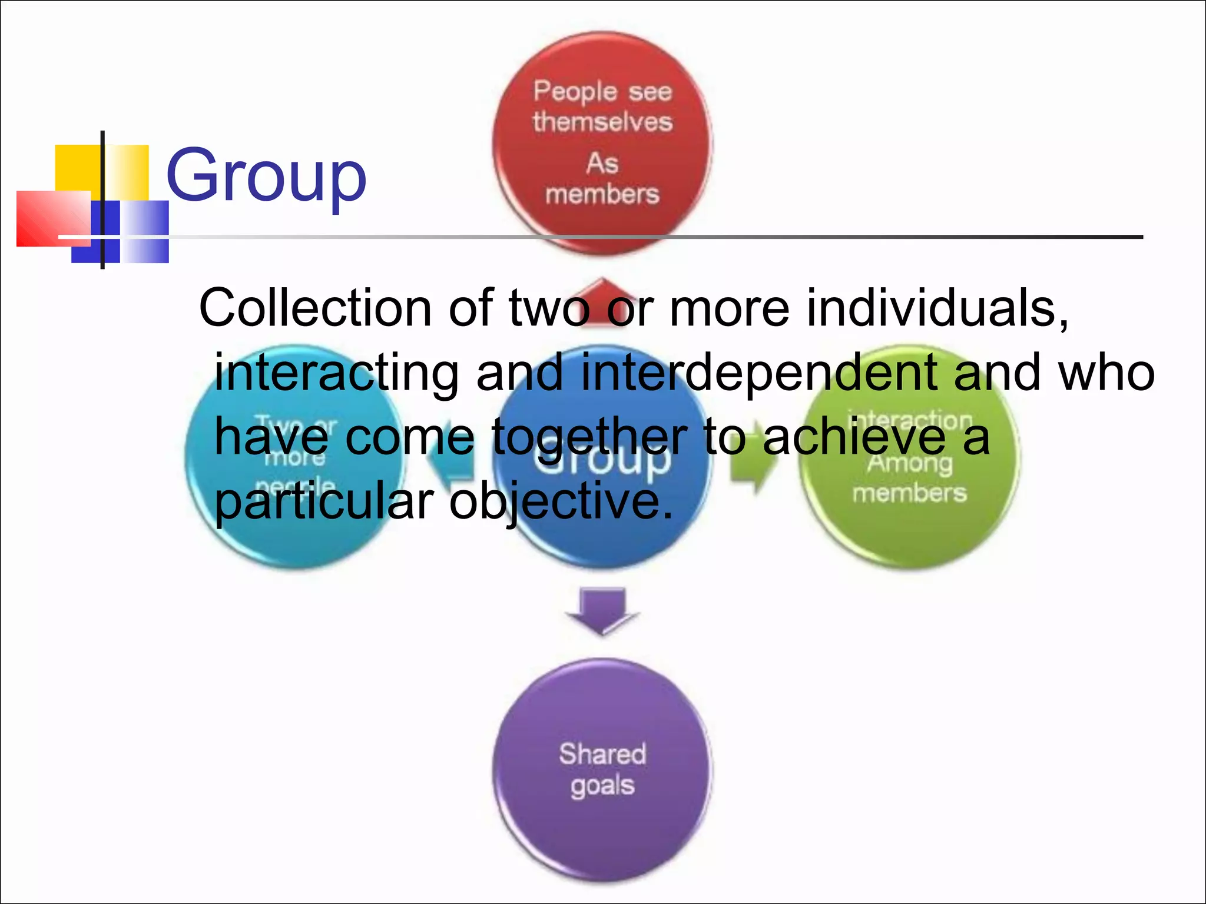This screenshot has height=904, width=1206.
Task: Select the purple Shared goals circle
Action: click(602, 771)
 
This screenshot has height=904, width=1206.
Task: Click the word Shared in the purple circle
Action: click(602, 754)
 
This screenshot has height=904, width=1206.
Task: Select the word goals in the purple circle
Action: click(602, 786)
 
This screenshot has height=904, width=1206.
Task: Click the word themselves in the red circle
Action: click(602, 122)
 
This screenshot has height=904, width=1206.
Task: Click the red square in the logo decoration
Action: click(53, 218)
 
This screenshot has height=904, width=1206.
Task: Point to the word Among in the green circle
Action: click(909, 463)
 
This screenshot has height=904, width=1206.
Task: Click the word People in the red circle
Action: click(575, 92)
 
